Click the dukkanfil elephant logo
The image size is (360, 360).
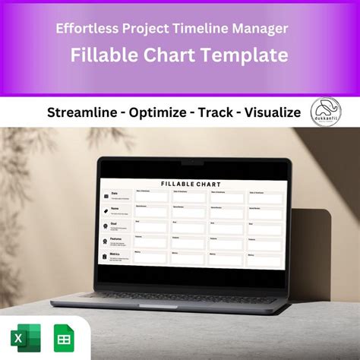327,113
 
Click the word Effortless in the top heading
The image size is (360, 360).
84,29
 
